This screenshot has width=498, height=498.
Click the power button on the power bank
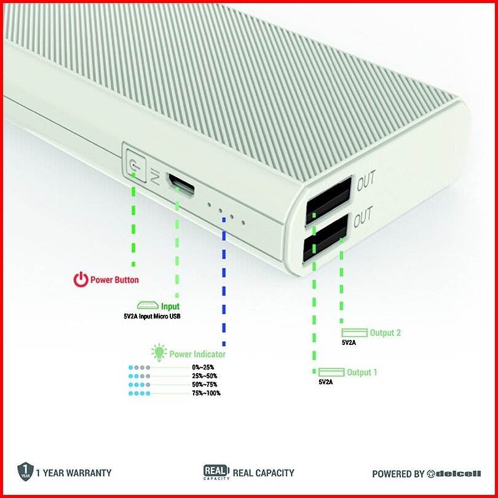(x=134, y=164)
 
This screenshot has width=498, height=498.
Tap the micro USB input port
(x=181, y=184)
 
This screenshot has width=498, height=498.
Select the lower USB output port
(x=324, y=238)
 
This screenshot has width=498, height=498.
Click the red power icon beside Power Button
(x=81, y=280)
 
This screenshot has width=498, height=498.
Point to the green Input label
(x=170, y=306)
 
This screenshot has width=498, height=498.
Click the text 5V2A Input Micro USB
(x=152, y=316)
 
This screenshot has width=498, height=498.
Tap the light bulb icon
(x=159, y=352)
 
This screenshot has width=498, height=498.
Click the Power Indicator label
(x=197, y=354)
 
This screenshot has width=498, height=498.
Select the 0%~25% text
(x=203, y=367)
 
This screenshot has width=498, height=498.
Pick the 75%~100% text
(x=206, y=393)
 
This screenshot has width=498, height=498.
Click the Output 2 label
(x=385, y=333)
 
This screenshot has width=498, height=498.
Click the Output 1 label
(x=362, y=372)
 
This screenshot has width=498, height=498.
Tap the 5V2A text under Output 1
(x=325, y=382)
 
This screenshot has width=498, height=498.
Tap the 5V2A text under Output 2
(x=349, y=342)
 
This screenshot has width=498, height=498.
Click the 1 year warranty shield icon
(x=24, y=472)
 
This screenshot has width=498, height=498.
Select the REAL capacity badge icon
(x=216, y=472)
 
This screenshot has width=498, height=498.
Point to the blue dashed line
(x=224, y=289)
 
